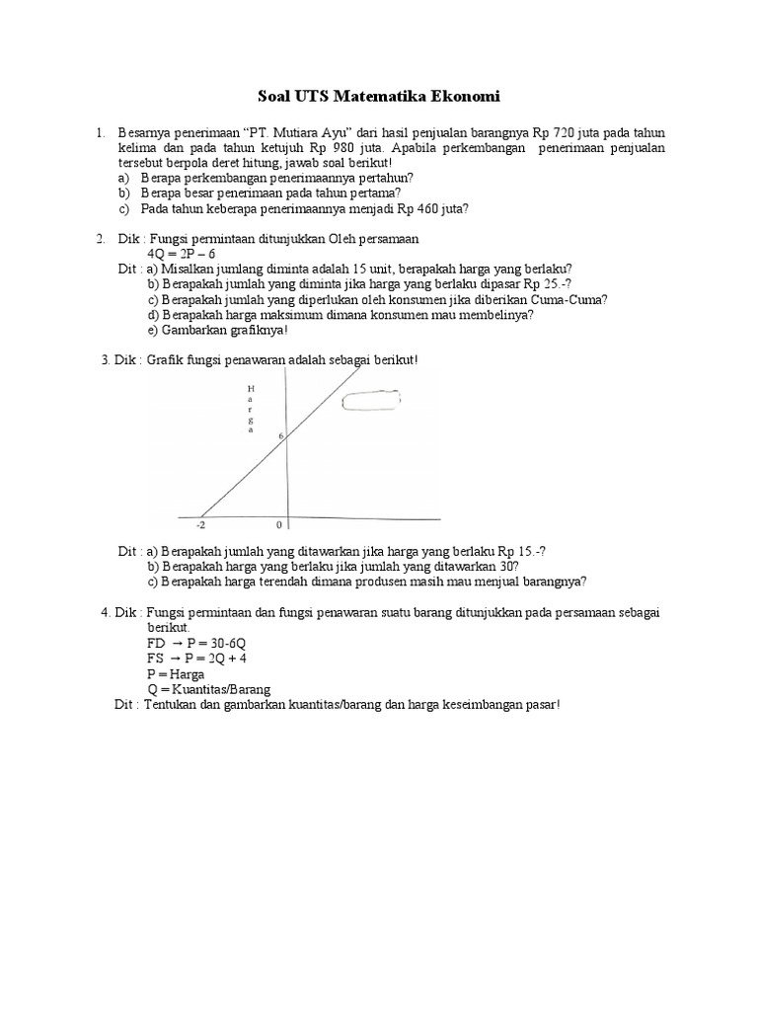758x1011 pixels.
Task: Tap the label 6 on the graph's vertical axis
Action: coord(279,435)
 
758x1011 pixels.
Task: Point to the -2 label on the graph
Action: coord(200,525)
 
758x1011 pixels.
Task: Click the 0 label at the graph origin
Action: coord(279,525)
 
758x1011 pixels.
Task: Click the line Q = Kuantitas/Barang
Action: coord(208,688)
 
